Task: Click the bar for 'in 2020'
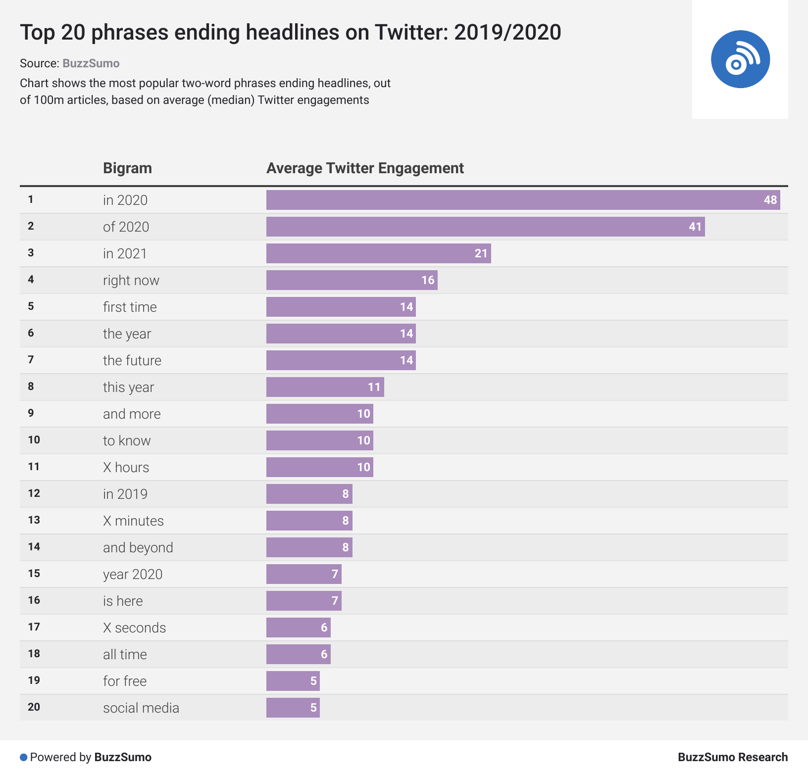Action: click(x=523, y=200)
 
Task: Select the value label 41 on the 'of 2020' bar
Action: click(x=695, y=227)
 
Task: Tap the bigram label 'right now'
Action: click(x=131, y=281)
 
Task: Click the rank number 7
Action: click(x=31, y=360)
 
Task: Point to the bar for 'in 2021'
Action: click(x=378, y=253)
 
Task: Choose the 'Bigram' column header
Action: click(x=127, y=168)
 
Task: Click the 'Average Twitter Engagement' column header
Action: click(x=365, y=168)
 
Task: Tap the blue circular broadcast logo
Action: click(x=740, y=59)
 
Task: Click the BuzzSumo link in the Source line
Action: click(x=91, y=63)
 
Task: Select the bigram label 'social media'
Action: click(x=141, y=708)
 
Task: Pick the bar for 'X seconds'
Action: click(x=298, y=628)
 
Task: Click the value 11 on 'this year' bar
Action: click(x=374, y=387)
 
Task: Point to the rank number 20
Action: click(x=34, y=707)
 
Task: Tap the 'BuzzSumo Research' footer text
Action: click(x=732, y=757)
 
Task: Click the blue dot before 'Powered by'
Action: click(x=23, y=758)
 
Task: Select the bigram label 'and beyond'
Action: click(x=138, y=548)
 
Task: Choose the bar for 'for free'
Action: click(x=293, y=681)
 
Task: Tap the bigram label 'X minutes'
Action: click(x=133, y=521)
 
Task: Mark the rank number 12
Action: click(x=34, y=493)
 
